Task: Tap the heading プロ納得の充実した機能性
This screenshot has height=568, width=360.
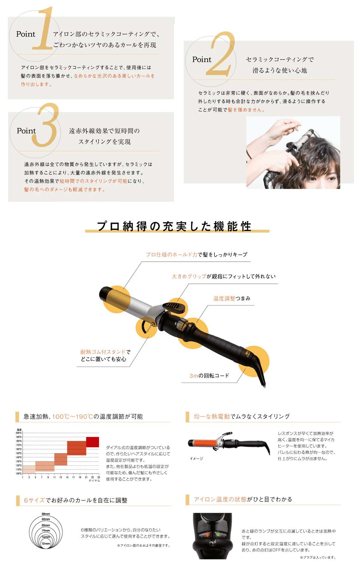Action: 174,226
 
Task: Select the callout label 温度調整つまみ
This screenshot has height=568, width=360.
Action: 232,299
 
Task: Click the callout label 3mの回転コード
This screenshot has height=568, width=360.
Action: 209,376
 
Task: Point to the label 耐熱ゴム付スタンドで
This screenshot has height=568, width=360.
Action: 105,352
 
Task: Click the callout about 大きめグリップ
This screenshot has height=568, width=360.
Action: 223,276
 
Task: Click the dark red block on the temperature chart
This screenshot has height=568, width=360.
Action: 92,442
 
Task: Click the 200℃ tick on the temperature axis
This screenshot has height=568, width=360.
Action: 19,433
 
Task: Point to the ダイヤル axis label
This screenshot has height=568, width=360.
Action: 94,480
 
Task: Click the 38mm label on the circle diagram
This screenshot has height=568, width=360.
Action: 46,514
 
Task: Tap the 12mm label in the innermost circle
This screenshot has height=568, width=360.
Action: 46,543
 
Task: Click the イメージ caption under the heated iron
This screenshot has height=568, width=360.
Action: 196,459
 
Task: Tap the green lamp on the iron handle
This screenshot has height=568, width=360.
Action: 218,534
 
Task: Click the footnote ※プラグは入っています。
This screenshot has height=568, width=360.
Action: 318,558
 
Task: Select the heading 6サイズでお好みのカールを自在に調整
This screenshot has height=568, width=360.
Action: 76,500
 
